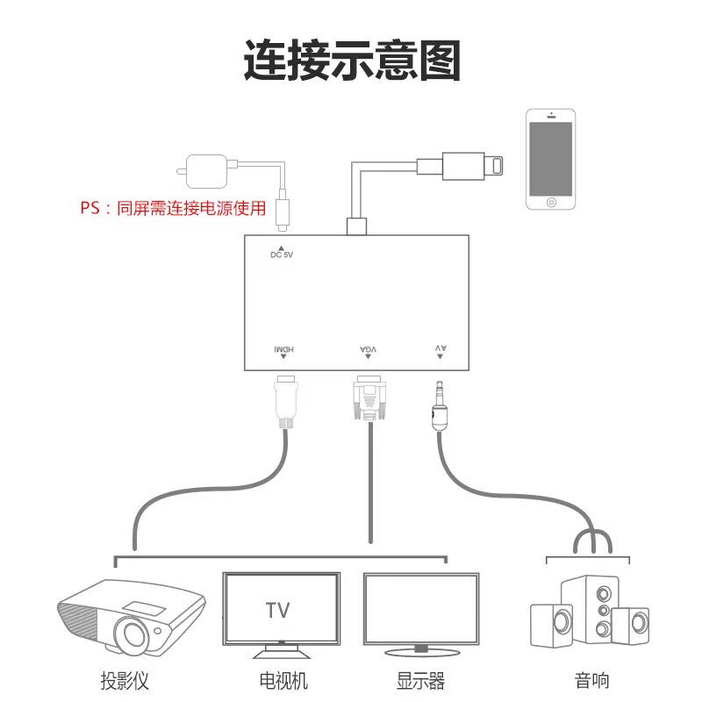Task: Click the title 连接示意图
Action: pyautogui.click(x=351, y=59)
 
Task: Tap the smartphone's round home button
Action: pyautogui.click(x=550, y=202)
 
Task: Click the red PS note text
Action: pyautogui.click(x=172, y=209)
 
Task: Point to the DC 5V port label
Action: pyautogui.click(x=281, y=254)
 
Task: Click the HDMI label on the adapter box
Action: pyautogui.click(x=283, y=350)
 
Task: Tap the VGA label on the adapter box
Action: pyautogui.click(x=369, y=350)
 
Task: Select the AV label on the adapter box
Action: pyautogui.click(x=441, y=350)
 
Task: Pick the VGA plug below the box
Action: pyautogui.click(x=369, y=399)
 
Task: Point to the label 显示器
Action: pyautogui.click(x=421, y=680)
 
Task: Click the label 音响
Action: pyautogui.click(x=591, y=680)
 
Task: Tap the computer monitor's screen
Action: pyautogui.click(x=421, y=609)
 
